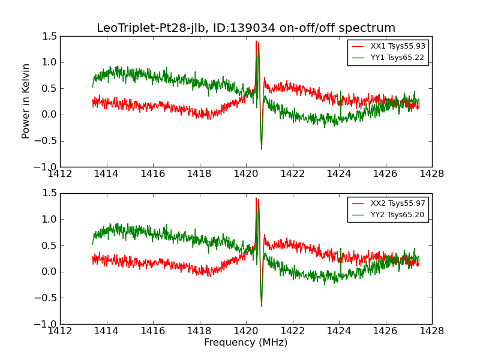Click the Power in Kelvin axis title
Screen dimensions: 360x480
point(26,101)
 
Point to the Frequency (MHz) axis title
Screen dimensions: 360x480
point(245,343)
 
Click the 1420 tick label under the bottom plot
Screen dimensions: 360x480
point(246,331)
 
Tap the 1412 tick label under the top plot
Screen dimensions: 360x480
point(60,173)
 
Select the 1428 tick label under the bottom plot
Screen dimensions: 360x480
point(431,331)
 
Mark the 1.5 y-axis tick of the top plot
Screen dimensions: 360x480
point(50,36)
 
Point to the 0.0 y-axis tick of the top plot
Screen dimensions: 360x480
point(50,115)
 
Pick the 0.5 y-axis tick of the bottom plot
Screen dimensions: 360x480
point(50,245)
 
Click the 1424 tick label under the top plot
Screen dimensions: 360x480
point(338,173)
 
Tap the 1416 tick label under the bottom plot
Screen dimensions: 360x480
point(153,331)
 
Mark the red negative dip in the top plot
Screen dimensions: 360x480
point(262,147)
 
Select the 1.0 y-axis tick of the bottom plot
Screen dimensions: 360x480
point(50,219)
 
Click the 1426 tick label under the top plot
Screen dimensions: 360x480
point(385,173)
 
